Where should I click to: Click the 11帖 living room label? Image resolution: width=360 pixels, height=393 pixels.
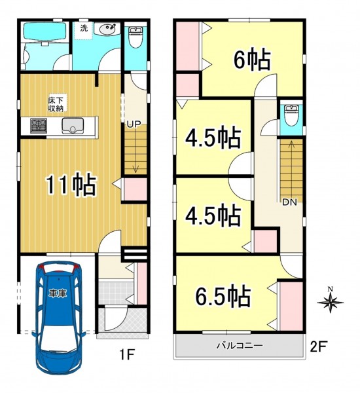(x=71, y=185)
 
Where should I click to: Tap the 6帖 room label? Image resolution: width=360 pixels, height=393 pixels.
(x=252, y=60)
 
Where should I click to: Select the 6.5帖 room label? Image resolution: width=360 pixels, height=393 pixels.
(x=223, y=295)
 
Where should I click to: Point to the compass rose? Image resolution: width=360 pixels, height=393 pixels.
(x=331, y=302)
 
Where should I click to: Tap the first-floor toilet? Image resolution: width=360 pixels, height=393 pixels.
(x=135, y=37)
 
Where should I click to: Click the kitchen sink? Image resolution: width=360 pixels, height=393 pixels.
(x=73, y=126)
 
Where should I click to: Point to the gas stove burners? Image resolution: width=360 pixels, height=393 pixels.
(x=39, y=126)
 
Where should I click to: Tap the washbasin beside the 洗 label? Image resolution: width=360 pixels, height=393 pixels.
(x=108, y=29)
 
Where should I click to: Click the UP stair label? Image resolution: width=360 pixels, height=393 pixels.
(x=134, y=124)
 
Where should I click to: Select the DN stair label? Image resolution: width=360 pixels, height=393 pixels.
(x=289, y=202)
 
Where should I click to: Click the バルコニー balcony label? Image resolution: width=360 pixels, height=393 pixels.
(x=240, y=346)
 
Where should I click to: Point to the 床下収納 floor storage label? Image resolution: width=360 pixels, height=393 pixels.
(x=56, y=103)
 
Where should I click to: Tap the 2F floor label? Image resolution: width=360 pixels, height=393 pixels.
(x=318, y=347)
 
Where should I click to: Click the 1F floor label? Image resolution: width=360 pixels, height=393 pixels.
(x=127, y=355)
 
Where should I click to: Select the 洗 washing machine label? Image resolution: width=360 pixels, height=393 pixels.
(x=84, y=28)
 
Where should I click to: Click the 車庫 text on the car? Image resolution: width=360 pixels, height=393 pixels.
(x=58, y=293)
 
